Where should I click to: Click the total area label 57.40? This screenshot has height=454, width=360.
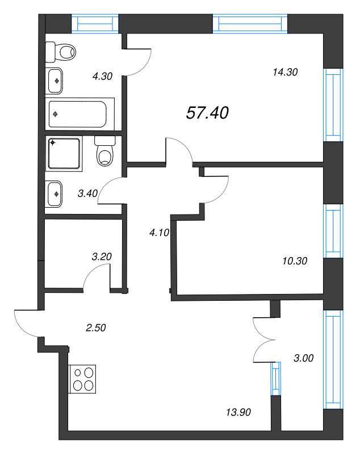pos(207,113)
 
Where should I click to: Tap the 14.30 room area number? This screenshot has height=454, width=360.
pos(285,72)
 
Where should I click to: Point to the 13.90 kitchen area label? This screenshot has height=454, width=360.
pos(237,412)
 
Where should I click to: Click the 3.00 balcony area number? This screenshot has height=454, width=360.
pos(304,358)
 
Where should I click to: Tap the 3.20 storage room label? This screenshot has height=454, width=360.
pos(102,256)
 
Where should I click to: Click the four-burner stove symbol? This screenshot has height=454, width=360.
pos(83,379)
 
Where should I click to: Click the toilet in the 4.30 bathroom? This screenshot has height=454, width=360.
pos(61,52)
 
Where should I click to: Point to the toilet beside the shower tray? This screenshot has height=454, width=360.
pos(105,152)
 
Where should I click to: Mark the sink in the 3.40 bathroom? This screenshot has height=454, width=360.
pos(55,194)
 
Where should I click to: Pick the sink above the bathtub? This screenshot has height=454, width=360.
pos(56,81)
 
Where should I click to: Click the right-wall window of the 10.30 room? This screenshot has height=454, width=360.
pos(333,230)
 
